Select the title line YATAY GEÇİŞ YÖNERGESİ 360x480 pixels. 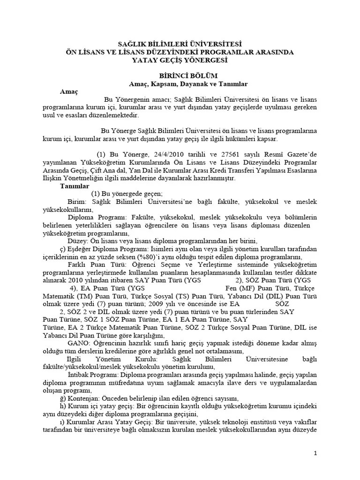click(x=180, y=60)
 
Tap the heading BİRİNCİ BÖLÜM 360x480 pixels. click(x=180, y=75)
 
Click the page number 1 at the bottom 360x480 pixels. click(x=315, y=453)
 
